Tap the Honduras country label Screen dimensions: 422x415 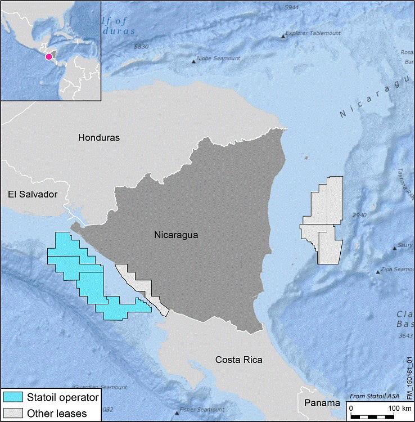99,137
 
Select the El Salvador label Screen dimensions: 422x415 33,194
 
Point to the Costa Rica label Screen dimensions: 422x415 239,360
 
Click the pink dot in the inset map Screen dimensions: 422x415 49,56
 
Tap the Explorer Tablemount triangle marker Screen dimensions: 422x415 282,37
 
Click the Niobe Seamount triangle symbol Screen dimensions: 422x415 195,61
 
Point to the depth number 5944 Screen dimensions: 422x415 292,7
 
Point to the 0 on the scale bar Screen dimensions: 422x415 351,407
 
